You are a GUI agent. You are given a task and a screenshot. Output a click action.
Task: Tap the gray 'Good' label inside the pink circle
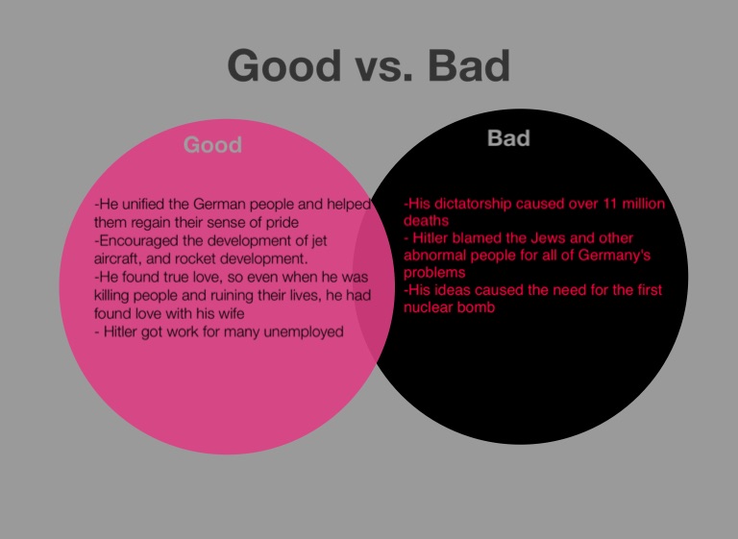click(x=212, y=144)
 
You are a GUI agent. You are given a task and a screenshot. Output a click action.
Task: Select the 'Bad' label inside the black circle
click(x=508, y=138)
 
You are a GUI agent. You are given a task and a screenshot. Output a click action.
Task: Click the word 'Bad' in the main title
click(x=469, y=65)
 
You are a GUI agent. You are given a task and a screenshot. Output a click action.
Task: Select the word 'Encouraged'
click(x=136, y=241)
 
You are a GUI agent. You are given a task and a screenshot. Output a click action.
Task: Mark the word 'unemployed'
click(x=304, y=331)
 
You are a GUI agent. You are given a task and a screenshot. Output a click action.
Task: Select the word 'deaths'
click(x=426, y=221)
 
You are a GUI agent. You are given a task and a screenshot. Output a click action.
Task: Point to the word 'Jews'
click(x=548, y=238)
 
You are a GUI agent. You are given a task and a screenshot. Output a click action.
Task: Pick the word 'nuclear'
click(x=427, y=307)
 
